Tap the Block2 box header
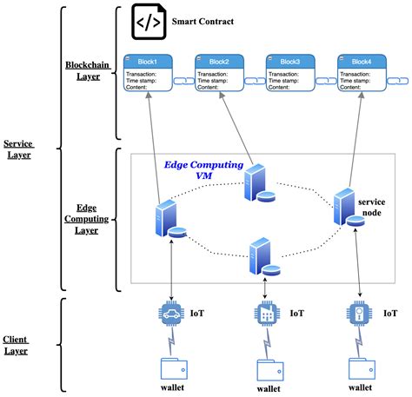click(x=218, y=62)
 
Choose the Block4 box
click(x=361, y=73)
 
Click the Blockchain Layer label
click(x=84, y=70)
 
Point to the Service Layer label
click(x=19, y=149)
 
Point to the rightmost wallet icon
click(x=359, y=368)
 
